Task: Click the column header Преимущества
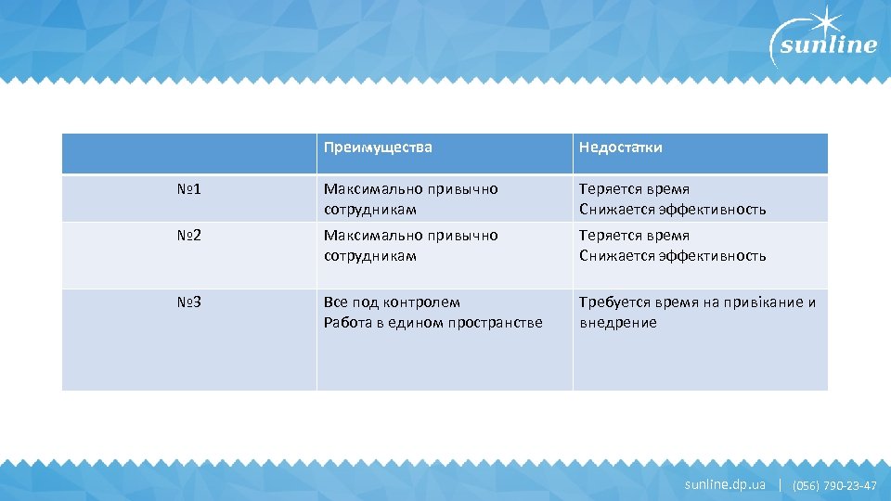coord(378,148)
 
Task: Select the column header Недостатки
coord(621,148)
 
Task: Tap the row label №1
coord(189,189)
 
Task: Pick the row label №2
coord(189,236)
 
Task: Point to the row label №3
coord(189,302)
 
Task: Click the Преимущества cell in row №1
coord(411,199)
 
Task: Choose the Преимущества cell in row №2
coord(411,246)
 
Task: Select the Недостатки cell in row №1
coord(673,199)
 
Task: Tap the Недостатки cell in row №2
coord(673,246)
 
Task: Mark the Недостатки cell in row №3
coord(698,313)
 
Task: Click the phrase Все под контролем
coord(392,302)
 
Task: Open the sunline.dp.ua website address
coord(725,484)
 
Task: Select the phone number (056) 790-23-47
coord(834,485)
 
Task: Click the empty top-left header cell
coord(189,153)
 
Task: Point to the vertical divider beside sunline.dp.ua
coord(780,484)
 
